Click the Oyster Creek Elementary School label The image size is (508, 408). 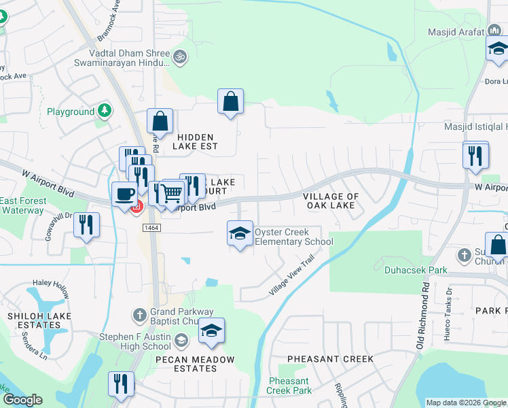293,237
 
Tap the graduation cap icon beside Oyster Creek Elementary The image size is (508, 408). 239,234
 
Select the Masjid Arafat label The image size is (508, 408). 455,32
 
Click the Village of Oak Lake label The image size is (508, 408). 331,201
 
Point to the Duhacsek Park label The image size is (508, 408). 415,270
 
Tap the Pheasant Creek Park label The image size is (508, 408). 289,386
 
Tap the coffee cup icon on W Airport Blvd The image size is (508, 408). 124,193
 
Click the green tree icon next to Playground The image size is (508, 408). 104,110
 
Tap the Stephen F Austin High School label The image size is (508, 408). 135,341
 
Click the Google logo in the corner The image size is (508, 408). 22,400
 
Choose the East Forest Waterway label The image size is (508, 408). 23,205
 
